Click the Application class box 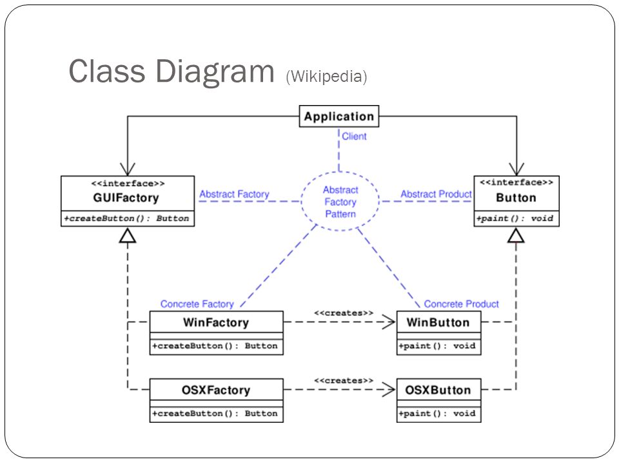[339, 117]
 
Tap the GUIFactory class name [126, 197]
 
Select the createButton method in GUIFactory [127, 218]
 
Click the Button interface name [516, 197]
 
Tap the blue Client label [354, 136]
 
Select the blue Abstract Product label [436, 194]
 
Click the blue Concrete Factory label [197, 304]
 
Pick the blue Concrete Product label [461, 304]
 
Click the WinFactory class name [216, 322]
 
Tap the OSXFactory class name [216, 390]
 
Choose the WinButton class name [438, 322]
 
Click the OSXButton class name [438, 390]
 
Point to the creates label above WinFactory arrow [344, 313]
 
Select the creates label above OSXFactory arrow [344, 380]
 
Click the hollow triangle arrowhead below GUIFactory [128, 236]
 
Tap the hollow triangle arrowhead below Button [516, 236]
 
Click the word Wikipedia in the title [326, 76]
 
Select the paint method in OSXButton [437, 414]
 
